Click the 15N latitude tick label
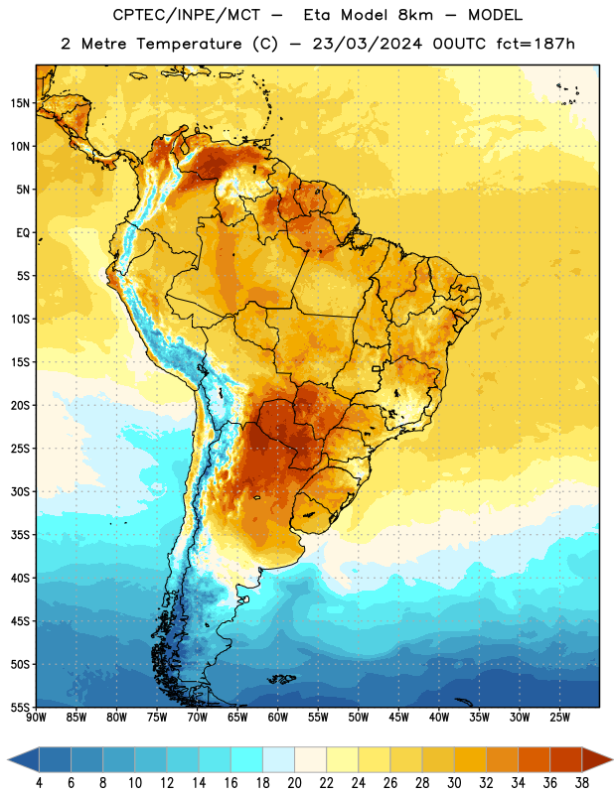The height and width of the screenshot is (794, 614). pyautogui.click(x=20, y=103)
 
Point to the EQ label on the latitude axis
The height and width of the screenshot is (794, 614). pyautogui.click(x=23, y=233)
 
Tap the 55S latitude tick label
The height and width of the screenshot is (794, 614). pyautogui.click(x=20, y=708)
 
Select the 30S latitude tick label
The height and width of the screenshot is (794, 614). pyautogui.click(x=20, y=491)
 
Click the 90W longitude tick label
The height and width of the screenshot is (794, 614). pyautogui.click(x=36, y=718)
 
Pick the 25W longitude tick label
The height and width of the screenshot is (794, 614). pyautogui.click(x=559, y=718)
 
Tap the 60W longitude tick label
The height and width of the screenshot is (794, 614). pyautogui.click(x=278, y=718)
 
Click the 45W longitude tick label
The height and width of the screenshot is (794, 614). pyautogui.click(x=398, y=718)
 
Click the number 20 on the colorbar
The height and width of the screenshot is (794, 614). pyautogui.click(x=294, y=783)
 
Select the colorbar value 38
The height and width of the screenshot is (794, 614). pyautogui.click(x=582, y=783)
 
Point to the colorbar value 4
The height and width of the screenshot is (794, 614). pyautogui.click(x=39, y=783)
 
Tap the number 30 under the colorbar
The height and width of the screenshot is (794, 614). pyautogui.click(x=454, y=783)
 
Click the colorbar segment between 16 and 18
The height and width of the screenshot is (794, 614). pyautogui.click(x=247, y=759)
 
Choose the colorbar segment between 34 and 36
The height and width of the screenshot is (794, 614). pyautogui.click(x=534, y=759)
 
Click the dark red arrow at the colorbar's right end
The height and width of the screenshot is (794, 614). pyautogui.click(x=597, y=759)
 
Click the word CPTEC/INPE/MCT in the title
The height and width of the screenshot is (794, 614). pyautogui.click(x=186, y=15)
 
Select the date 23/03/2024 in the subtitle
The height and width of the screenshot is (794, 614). pyautogui.click(x=367, y=44)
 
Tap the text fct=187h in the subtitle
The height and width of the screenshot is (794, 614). pyautogui.click(x=536, y=44)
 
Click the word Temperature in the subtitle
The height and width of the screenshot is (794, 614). pyautogui.click(x=189, y=45)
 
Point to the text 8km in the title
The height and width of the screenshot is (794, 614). pyautogui.click(x=415, y=15)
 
